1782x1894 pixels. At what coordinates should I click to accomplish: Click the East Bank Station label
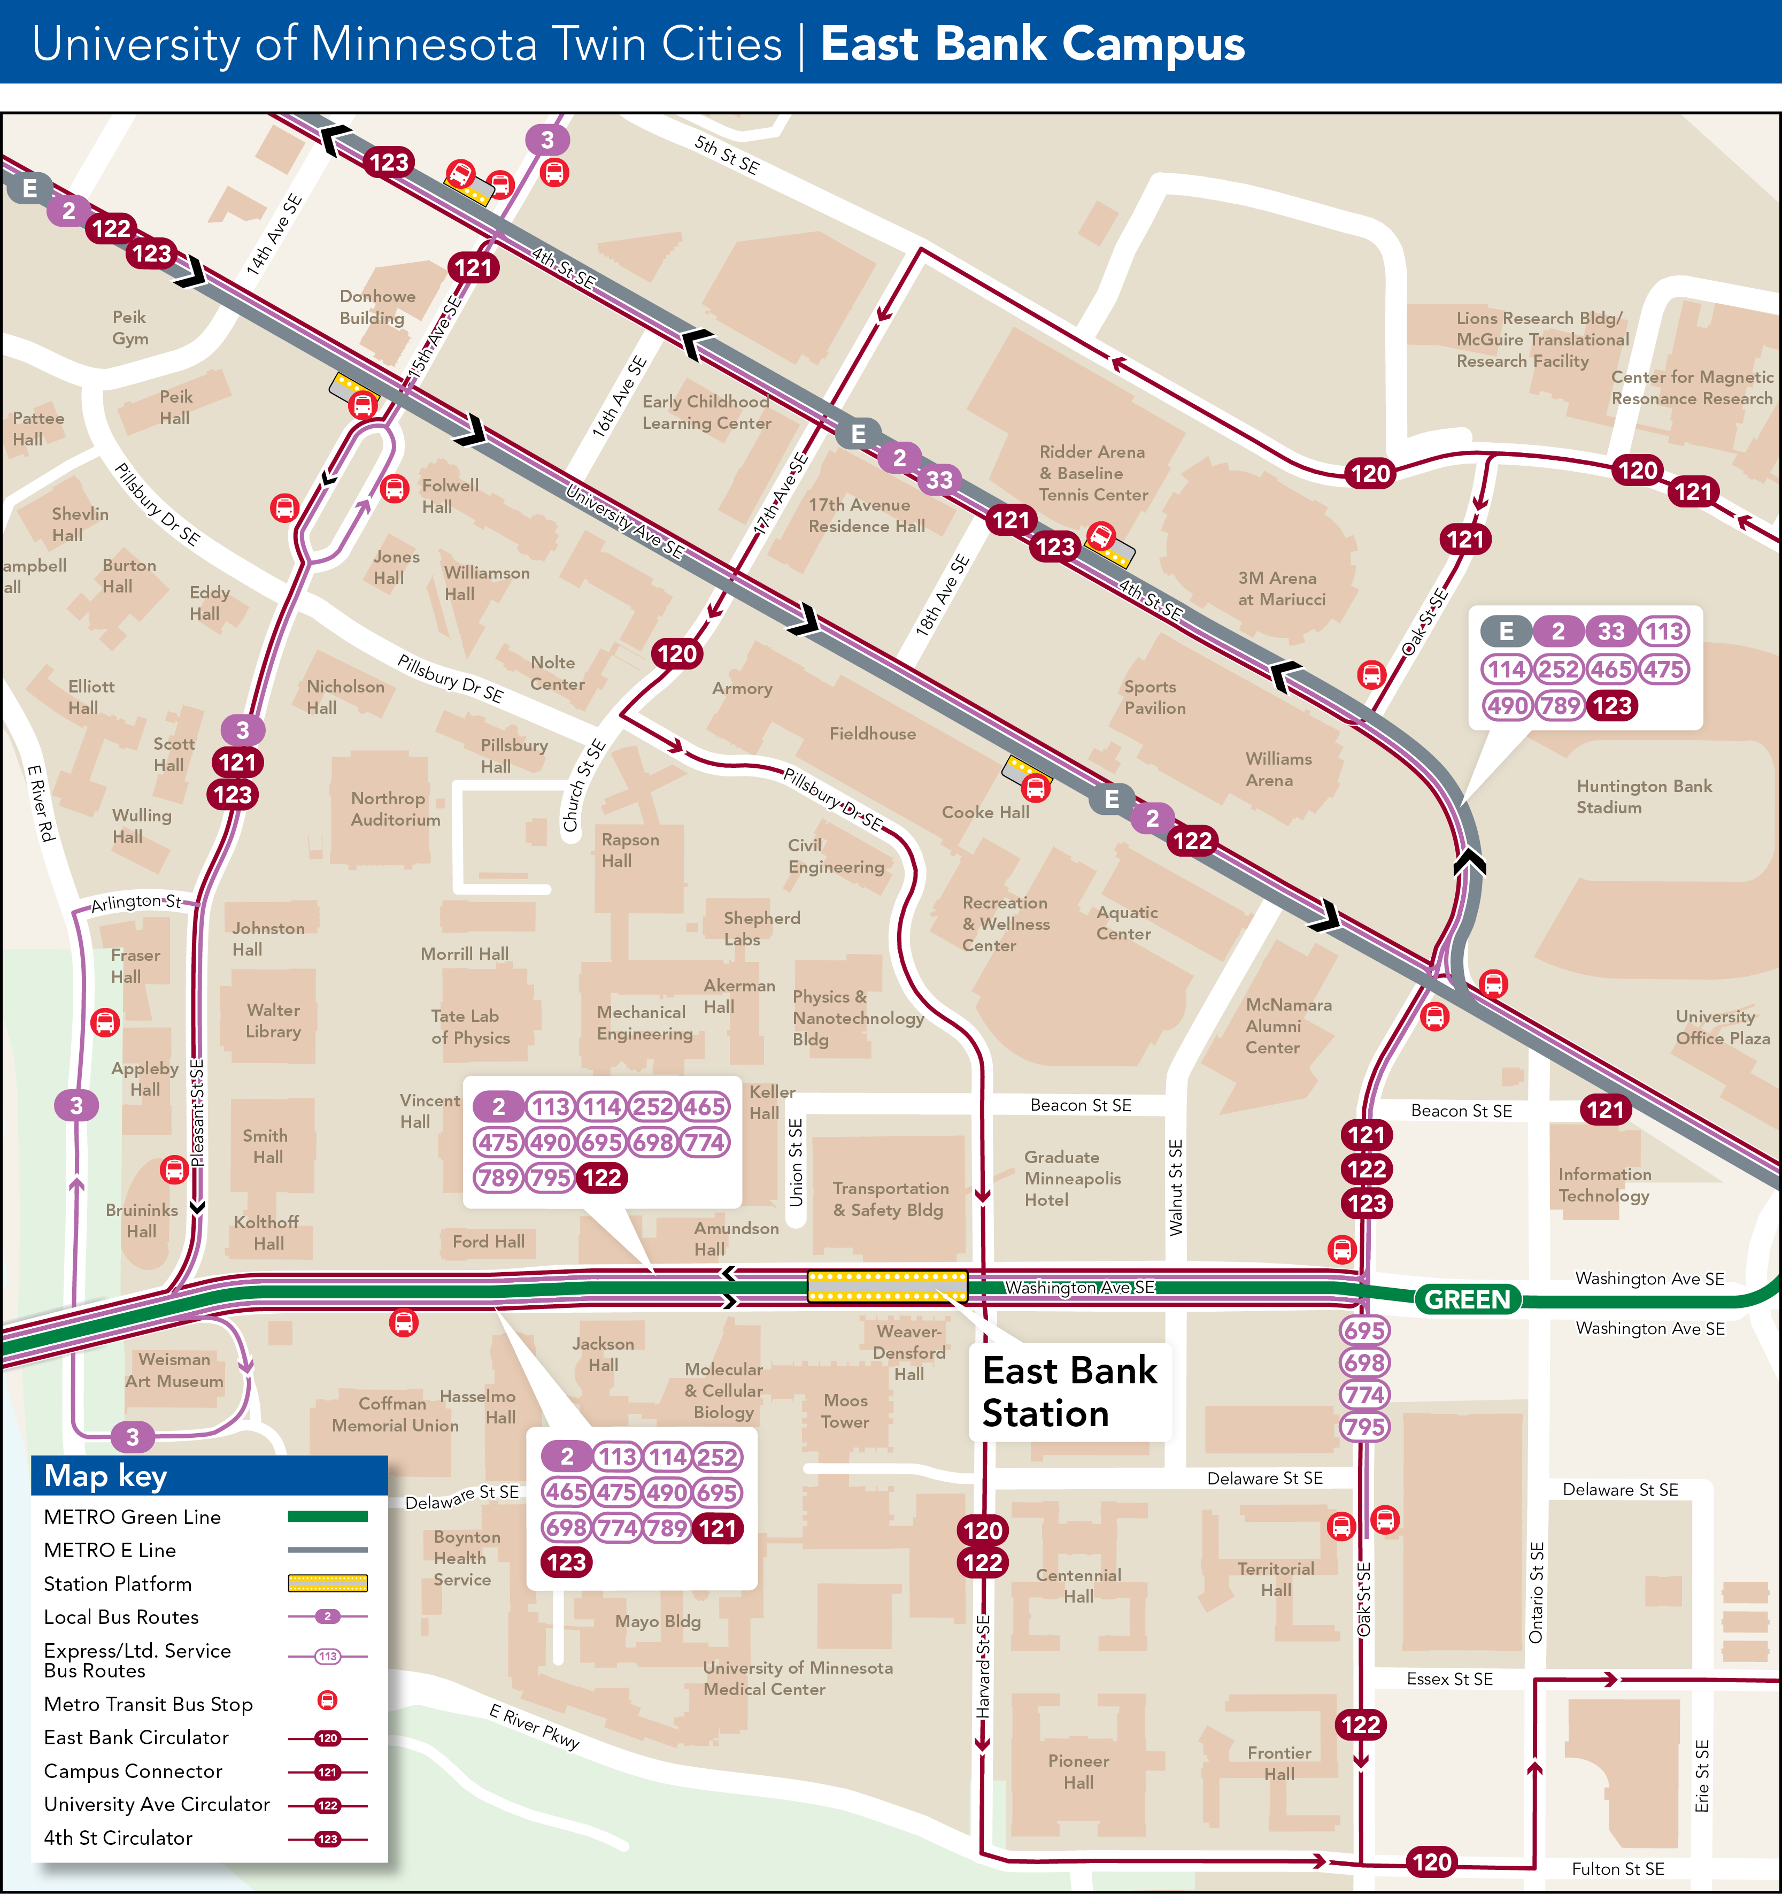click(1069, 1392)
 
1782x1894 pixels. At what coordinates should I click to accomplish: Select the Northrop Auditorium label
click(395, 809)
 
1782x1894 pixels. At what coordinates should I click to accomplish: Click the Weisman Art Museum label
click(174, 1370)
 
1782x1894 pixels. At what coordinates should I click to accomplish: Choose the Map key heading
click(106, 1476)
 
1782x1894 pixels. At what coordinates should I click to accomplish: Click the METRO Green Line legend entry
click(133, 1516)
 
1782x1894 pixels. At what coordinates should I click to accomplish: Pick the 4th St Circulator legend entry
click(118, 1838)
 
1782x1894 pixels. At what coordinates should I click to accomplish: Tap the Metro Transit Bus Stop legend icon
click(327, 1700)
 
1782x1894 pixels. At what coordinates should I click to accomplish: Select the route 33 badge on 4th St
click(939, 480)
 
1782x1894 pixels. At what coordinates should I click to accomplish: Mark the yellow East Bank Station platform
click(886, 1286)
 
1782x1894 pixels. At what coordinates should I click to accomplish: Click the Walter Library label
click(273, 1020)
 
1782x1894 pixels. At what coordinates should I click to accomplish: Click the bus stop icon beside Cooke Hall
click(1035, 788)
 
